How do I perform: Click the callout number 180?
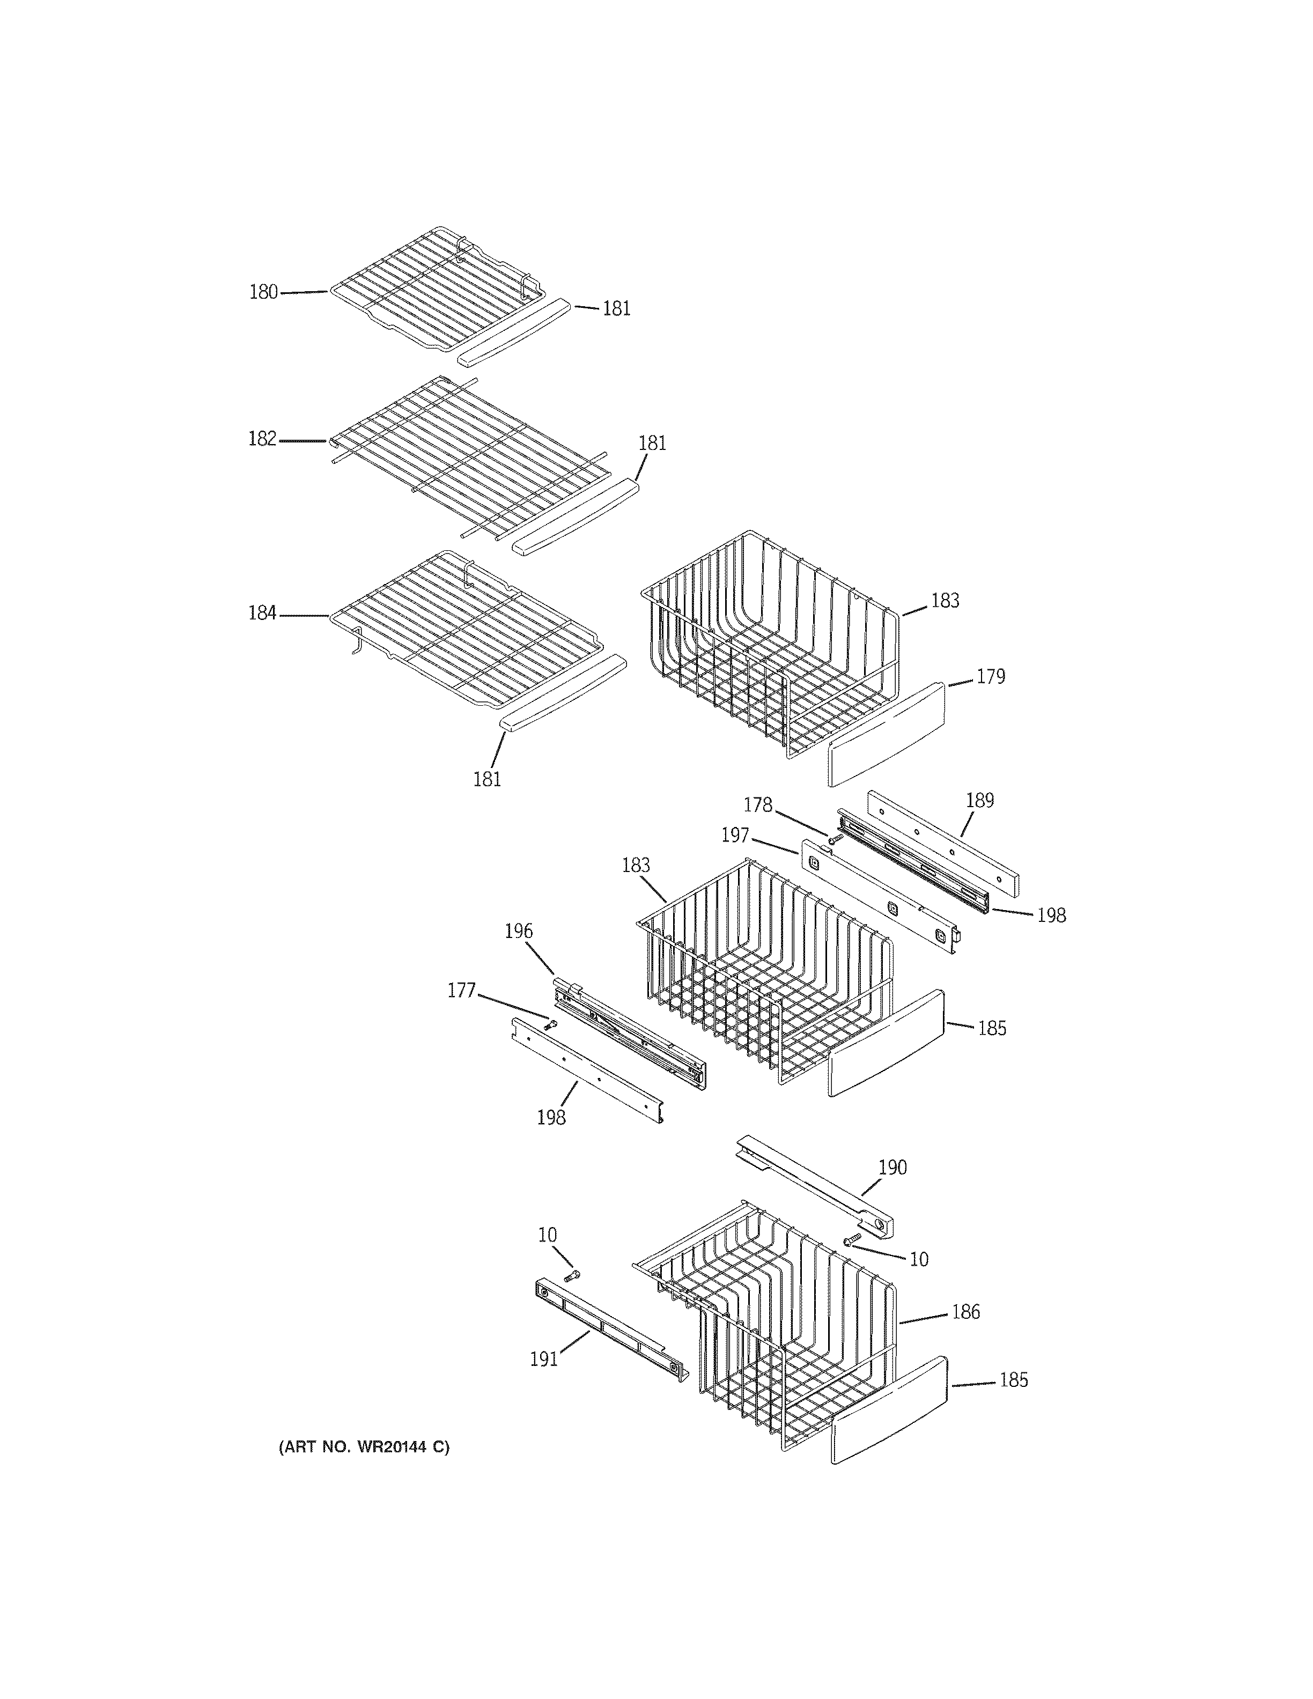(x=263, y=292)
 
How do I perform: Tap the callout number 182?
(x=262, y=440)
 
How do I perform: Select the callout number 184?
(x=262, y=614)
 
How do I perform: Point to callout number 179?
(x=990, y=677)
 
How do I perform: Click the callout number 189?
(x=979, y=801)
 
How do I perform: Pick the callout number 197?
(x=735, y=836)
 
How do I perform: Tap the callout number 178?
(x=758, y=804)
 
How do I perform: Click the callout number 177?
(x=461, y=991)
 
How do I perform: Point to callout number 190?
(x=892, y=1168)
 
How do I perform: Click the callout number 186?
(x=965, y=1312)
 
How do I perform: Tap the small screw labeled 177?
(x=551, y=1025)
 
